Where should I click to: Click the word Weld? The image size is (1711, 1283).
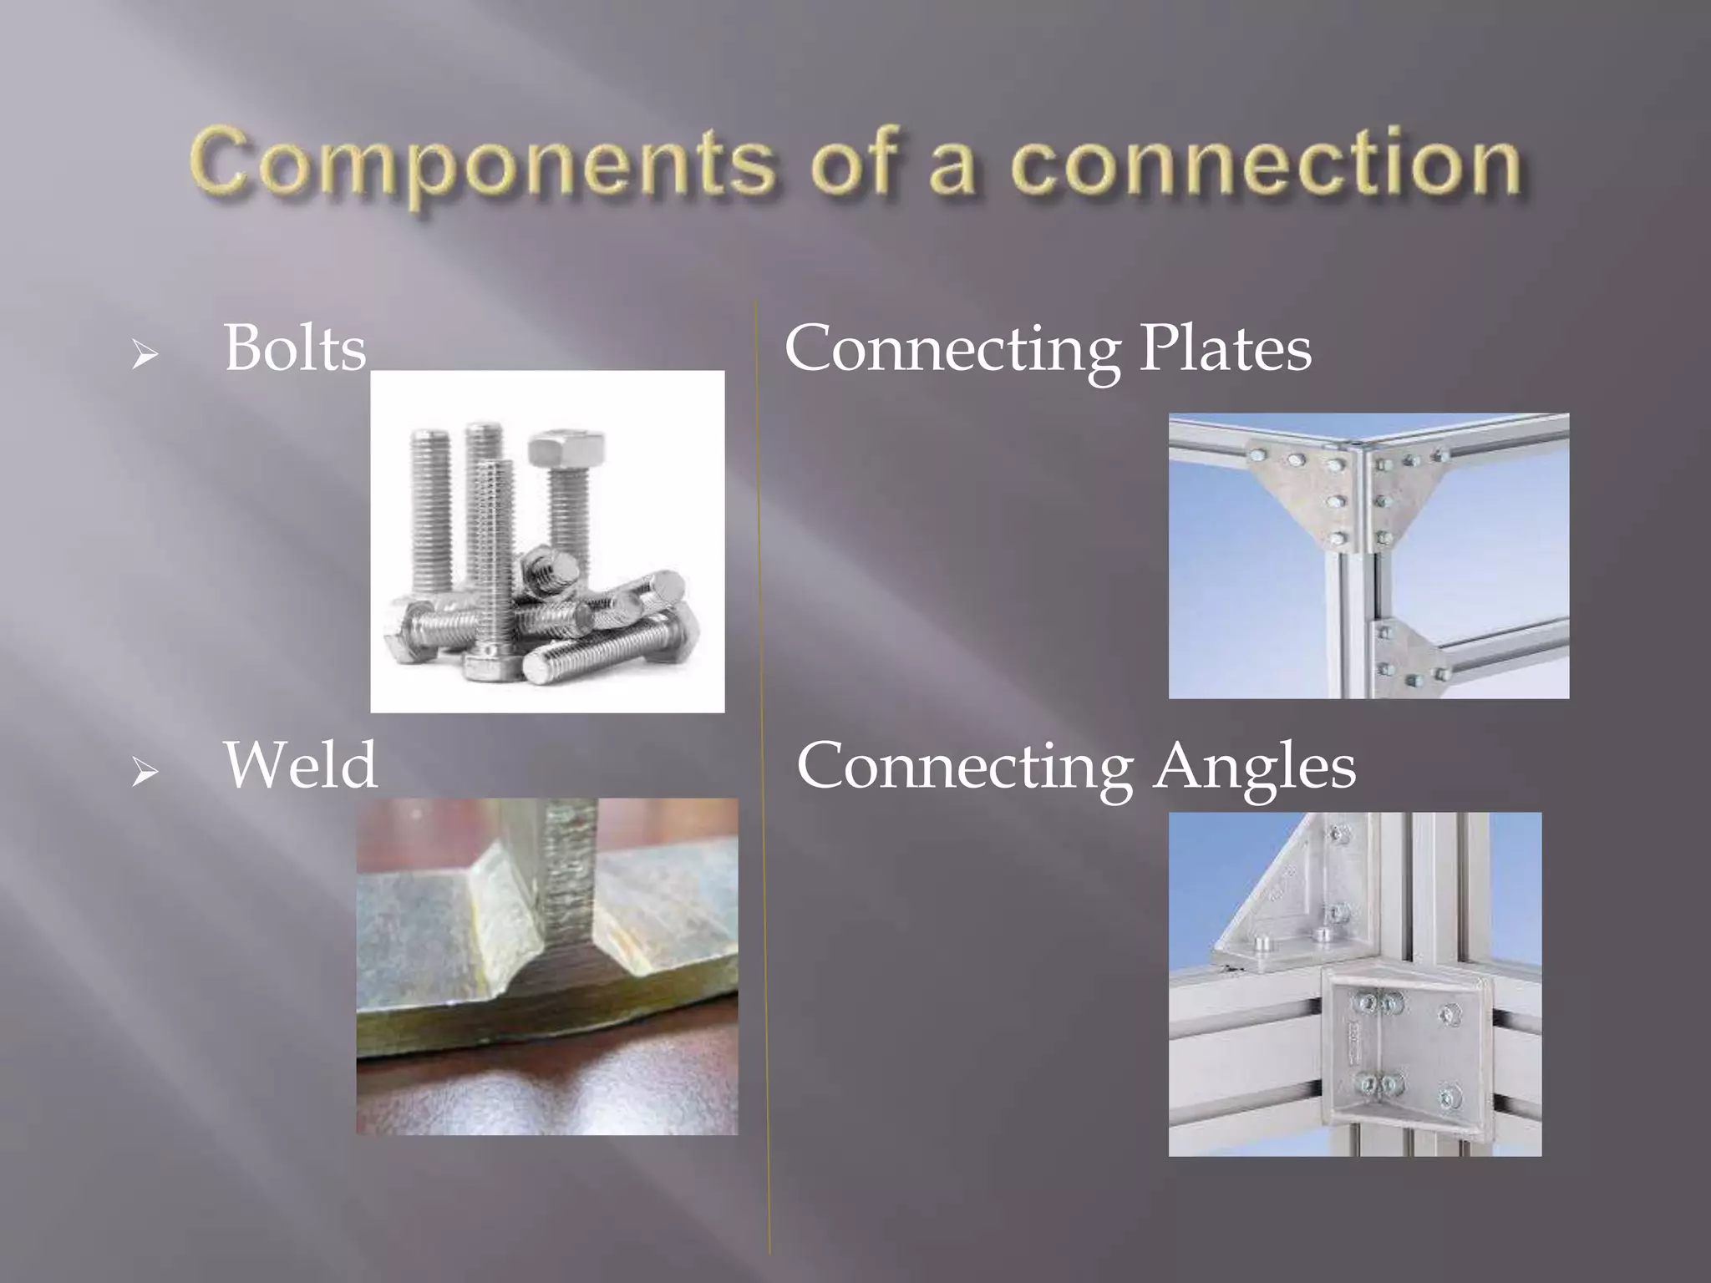(x=301, y=764)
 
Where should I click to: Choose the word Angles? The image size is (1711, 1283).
(x=1255, y=765)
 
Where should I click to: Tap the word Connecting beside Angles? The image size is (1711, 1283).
(x=964, y=767)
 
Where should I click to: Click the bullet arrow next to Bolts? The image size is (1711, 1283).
(x=145, y=356)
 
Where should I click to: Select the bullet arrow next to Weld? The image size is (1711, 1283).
(x=145, y=773)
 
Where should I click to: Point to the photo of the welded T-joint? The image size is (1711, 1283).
(x=547, y=966)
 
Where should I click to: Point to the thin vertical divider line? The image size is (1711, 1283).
(x=763, y=752)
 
